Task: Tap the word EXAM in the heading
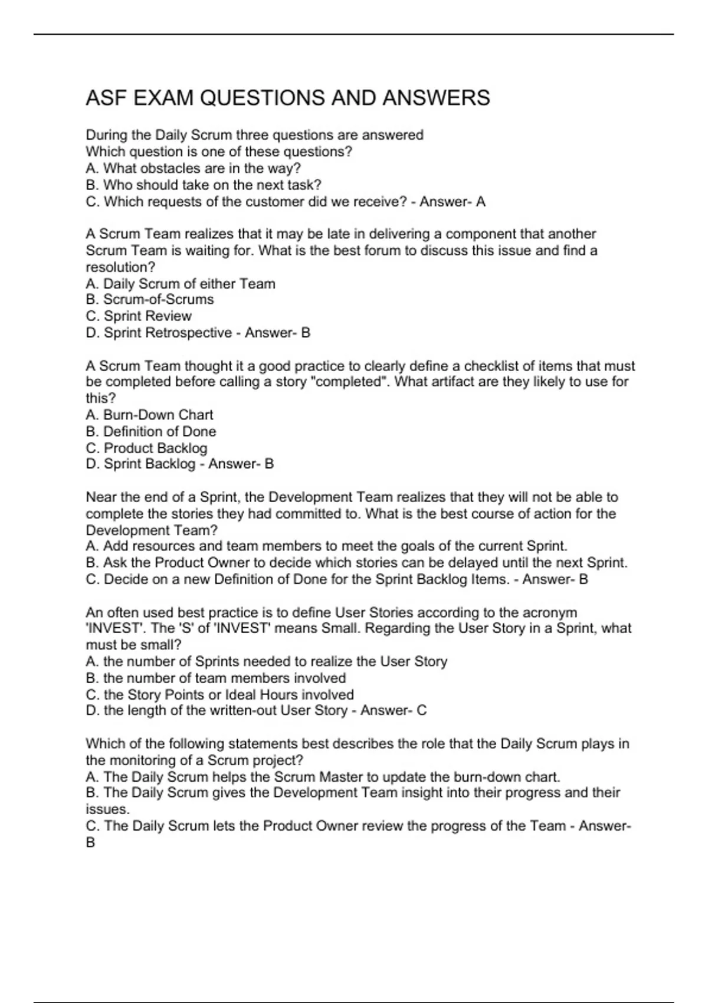tap(163, 98)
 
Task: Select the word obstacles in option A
tap(168, 168)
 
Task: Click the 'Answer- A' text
tap(453, 201)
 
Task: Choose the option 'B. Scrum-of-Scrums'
tap(150, 300)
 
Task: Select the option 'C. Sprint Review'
tap(139, 316)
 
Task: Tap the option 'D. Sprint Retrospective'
tap(159, 333)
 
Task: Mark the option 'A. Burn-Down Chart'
tap(149, 415)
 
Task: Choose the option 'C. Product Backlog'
tap(146, 448)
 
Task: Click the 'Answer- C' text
tap(394, 710)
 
